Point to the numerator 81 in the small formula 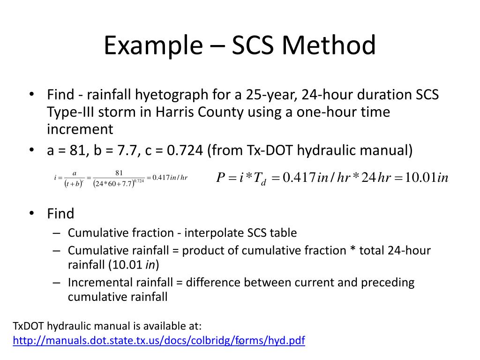119,173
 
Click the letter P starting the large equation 221,178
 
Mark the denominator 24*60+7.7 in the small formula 114,183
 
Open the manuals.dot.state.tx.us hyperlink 159,341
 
